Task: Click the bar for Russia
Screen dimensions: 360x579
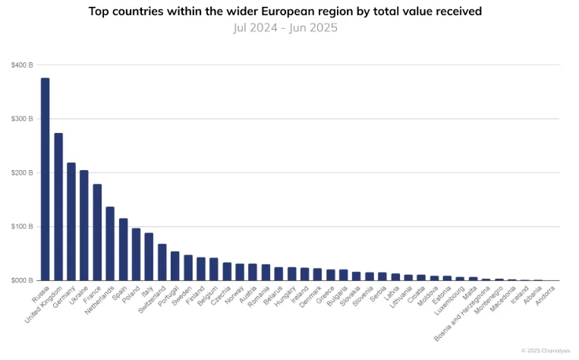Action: coord(46,179)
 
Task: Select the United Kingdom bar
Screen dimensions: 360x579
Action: coord(58,207)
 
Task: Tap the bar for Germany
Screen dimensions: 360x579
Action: coord(71,222)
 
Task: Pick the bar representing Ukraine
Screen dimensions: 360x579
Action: coord(84,226)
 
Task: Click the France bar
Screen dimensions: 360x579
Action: coord(97,232)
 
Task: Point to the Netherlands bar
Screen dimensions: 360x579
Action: coord(110,244)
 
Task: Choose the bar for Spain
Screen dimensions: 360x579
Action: coord(123,250)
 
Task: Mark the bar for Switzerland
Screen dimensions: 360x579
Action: coord(162,262)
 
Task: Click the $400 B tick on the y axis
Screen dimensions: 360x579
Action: coord(22,65)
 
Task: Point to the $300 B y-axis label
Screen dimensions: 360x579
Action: coord(22,119)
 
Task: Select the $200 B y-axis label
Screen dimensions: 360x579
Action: coord(22,173)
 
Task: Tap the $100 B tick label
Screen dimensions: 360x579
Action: coord(22,227)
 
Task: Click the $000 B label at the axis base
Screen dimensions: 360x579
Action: coord(22,281)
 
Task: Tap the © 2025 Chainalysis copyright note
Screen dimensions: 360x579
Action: coord(545,350)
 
